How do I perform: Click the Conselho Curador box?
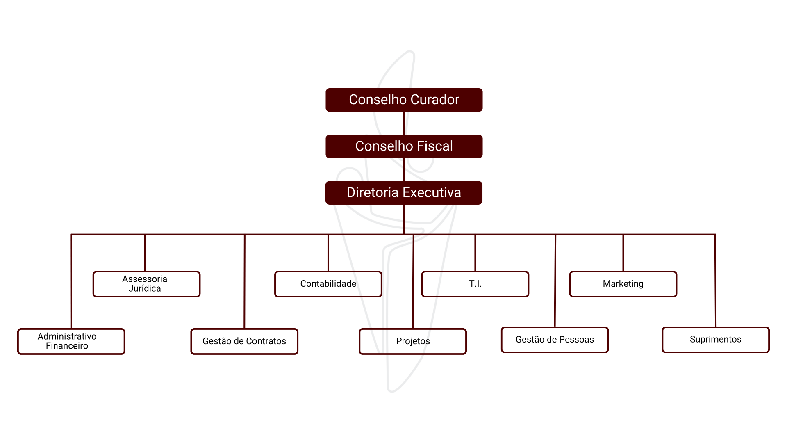click(404, 100)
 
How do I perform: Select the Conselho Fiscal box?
click(404, 146)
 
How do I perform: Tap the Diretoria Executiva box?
click(404, 193)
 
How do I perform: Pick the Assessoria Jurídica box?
click(146, 284)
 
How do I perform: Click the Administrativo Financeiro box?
click(71, 341)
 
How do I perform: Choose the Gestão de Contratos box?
click(244, 341)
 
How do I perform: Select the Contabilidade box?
click(328, 284)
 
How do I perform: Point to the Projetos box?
click(413, 341)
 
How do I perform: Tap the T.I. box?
click(475, 284)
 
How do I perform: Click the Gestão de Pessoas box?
click(555, 340)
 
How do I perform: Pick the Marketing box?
click(623, 284)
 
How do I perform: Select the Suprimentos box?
click(715, 340)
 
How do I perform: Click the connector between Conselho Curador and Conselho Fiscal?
click(404, 123)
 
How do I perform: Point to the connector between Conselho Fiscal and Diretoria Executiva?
click(404, 169)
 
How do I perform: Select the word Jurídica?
click(145, 289)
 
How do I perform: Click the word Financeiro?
click(67, 346)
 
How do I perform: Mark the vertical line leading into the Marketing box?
click(623, 253)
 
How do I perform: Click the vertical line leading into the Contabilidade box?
click(328, 253)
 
